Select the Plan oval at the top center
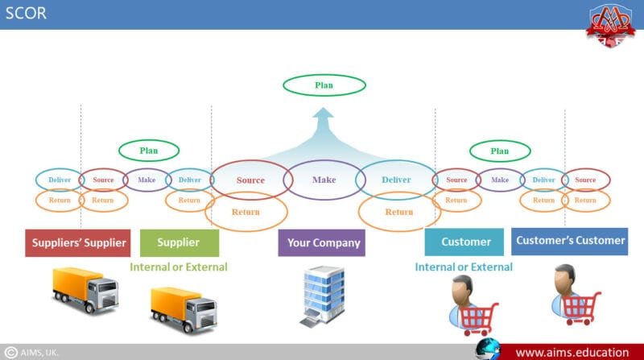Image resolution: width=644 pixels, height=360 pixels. [324, 85]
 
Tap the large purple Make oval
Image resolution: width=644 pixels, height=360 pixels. [324, 180]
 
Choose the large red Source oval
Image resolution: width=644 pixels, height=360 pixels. [250, 180]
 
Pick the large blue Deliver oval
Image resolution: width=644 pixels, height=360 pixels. [395, 180]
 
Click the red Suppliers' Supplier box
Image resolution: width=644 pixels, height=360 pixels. [78, 242]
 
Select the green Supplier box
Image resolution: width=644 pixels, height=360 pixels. [180, 242]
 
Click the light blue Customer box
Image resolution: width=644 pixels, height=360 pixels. [465, 242]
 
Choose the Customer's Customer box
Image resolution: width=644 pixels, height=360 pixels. [570, 241]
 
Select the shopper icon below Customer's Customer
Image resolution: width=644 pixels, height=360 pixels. [574, 294]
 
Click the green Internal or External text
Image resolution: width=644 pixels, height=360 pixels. [179, 267]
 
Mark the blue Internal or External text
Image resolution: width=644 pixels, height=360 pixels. [464, 267]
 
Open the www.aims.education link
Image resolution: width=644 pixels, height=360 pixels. [572, 352]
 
